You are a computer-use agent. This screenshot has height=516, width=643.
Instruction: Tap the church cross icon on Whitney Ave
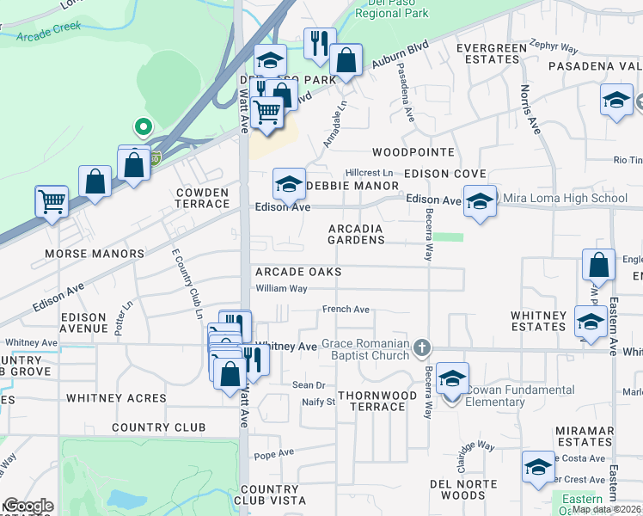click(421, 347)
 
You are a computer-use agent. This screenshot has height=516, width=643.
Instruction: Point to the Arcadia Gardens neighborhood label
click(356, 234)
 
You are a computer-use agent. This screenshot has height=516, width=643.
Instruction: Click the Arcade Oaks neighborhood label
click(298, 272)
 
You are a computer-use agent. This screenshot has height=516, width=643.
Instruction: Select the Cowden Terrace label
click(202, 198)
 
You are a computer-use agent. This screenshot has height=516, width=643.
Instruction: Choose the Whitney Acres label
click(116, 398)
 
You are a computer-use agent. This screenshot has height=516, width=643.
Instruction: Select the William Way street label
click(281, 289)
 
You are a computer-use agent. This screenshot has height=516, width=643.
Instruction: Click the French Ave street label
click(346, 310)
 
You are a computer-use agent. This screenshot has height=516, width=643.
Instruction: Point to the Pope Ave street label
click(274, 453)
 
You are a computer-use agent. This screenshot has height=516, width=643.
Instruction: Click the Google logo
click(28, 506)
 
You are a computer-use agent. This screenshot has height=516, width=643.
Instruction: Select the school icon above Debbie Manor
click(290, 182)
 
